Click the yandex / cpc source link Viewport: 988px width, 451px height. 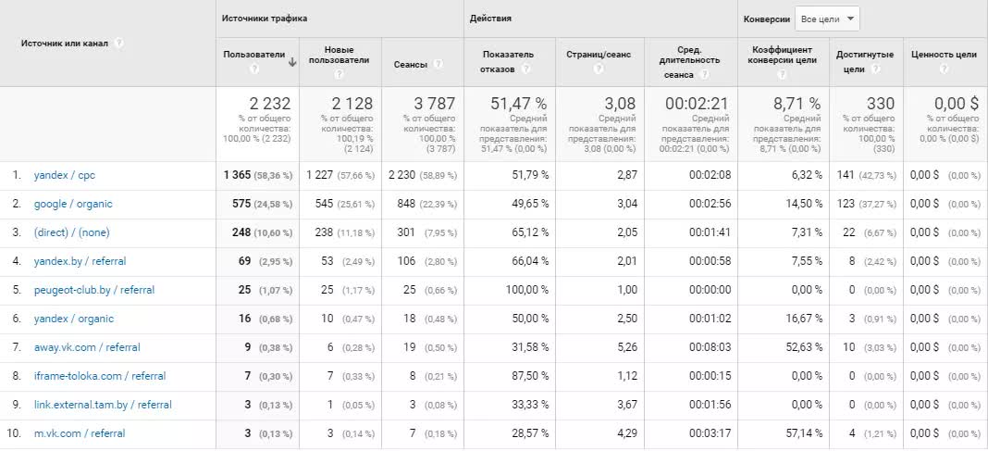(x=64, y=175)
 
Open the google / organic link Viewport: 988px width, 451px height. (x=72, y=204)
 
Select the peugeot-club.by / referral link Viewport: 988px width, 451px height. (x=93, y=290)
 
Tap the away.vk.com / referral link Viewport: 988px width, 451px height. (x=88, y=347)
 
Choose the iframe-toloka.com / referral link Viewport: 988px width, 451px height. (x=99, y=376)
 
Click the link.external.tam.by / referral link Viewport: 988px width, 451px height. (x=102, y=405)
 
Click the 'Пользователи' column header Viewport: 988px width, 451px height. (x=253, y=55)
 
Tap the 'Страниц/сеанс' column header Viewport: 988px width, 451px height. (x=599, y=55)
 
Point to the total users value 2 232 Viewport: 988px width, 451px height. (x=270, y=104)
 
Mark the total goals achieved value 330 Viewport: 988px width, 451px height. (x=880, y=104)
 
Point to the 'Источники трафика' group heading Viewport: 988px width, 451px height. (x=265, y=19)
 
